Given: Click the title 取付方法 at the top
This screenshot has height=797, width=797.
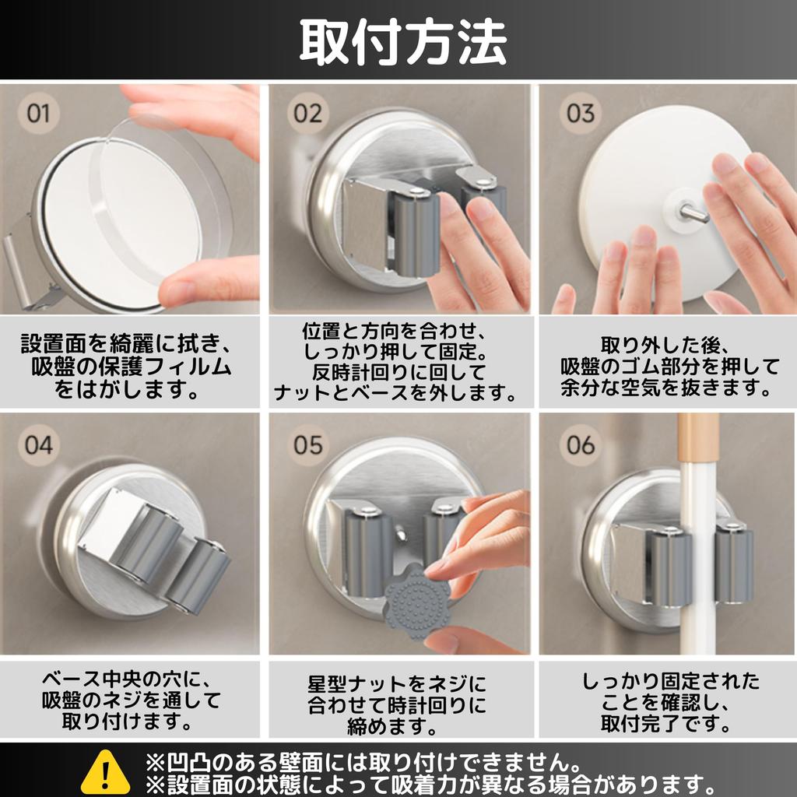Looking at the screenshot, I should pos(402,40).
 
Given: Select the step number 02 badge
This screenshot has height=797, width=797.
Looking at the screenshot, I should pos(308,114).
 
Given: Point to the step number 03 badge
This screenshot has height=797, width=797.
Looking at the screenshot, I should pos(580,114).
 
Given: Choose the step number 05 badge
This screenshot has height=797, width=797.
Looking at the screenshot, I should pos(308,445).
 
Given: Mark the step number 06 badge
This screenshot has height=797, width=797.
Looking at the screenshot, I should pos(580,445).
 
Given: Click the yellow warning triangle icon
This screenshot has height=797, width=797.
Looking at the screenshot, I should pos(105,771).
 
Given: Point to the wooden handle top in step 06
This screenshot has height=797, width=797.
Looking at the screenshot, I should pos(697,436).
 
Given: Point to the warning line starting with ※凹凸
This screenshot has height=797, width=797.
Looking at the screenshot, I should pos(362,759).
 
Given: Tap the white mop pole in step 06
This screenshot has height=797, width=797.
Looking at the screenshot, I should pos(698,560).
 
